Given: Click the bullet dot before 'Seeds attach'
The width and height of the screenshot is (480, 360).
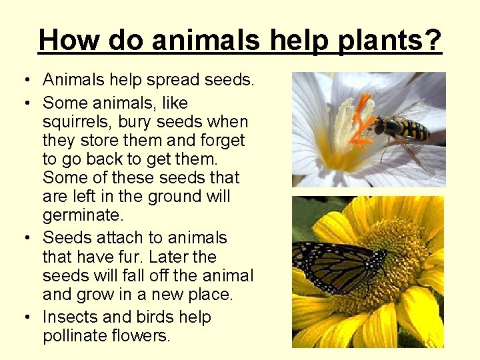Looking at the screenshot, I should [24, 239].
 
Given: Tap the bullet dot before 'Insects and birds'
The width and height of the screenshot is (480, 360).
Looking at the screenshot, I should [24, 318].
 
